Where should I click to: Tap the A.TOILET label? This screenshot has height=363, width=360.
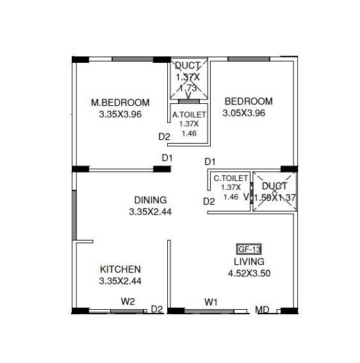tap(188, 115)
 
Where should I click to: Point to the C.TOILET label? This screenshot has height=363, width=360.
tap(229, 178)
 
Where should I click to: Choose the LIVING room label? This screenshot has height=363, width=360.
tap(249, 262)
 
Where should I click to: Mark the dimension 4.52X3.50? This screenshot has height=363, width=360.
tap(249, 273)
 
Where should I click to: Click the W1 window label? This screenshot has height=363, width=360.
tap(211, 301)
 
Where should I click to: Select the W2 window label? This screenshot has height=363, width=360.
tap(128, 301)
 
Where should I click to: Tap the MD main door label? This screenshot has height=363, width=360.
tap(261, 310)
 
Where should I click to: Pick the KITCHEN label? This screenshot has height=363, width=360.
tap(120, 269)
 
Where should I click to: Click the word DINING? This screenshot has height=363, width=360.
tap(151, 199)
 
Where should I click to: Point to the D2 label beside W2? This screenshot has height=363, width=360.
tap(157, 310)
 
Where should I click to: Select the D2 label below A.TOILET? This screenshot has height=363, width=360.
tap(165, 137)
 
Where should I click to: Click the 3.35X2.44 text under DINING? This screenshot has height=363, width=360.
tap(151, 211)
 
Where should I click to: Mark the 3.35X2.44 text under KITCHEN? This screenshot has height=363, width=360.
tap(120, 281)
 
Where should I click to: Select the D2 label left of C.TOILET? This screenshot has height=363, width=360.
tap(209, 201)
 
